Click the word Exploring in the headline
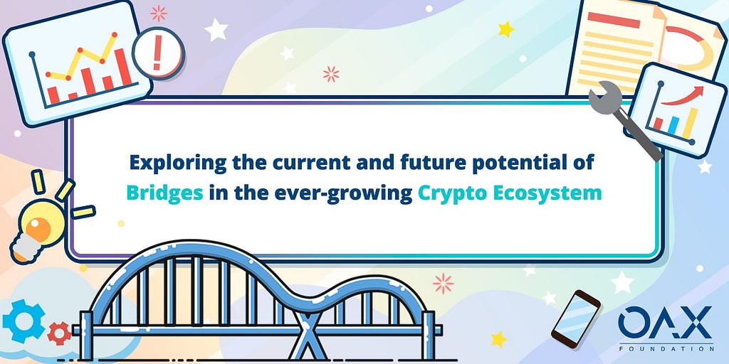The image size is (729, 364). (179, 164)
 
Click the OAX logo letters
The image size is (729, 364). (665, 322)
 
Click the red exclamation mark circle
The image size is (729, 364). (158, 53)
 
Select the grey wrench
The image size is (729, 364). (623, 119)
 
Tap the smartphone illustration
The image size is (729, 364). (575, 316)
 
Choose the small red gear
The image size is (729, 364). (59, 333)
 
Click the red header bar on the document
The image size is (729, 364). (614, 21)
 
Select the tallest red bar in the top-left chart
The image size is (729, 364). (122, 68)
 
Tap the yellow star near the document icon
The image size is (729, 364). (506, 29)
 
